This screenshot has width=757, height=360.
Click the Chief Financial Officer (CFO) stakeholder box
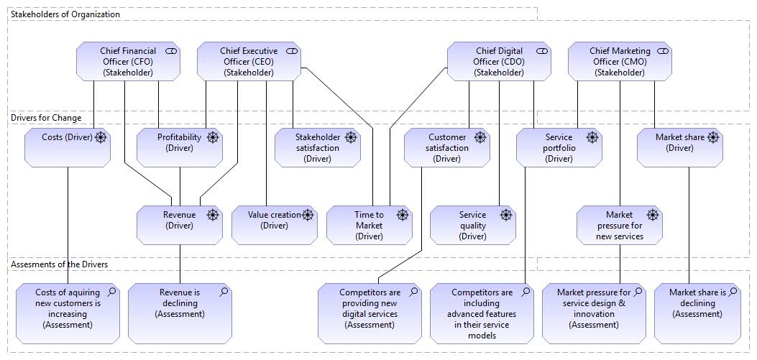[129, 61]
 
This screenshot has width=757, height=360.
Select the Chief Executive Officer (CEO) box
[249, 61]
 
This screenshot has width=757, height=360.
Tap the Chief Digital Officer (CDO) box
[499, 61]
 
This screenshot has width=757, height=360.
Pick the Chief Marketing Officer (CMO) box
[620, 61]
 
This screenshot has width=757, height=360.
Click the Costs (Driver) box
[68, 148]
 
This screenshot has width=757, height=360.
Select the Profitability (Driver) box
[180, 148]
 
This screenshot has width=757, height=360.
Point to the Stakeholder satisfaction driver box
[318, 148]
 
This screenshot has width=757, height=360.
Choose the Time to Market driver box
[370, 226]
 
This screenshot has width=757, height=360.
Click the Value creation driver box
[275, 226]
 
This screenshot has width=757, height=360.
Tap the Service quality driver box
[472, 226]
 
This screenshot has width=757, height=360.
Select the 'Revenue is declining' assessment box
[180, 314]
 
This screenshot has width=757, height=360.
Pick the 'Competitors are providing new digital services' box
[370, 314]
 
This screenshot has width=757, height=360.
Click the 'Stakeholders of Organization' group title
[65, 14]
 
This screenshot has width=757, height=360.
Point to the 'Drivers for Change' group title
[46, 118]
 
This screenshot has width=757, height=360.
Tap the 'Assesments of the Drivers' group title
[59, 264]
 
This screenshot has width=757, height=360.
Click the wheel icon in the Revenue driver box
[212, 216]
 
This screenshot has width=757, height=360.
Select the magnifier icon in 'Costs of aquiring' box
[111, 292]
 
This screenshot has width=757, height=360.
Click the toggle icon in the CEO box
[292, 51]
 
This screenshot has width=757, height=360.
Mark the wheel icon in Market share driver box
[712, 137]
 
